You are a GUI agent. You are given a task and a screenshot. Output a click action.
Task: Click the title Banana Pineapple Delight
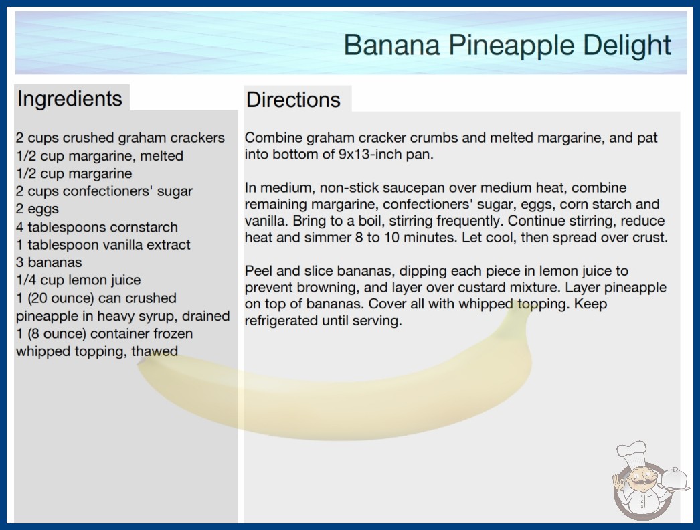[507, 46]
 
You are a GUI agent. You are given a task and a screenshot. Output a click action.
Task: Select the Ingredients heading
[70, 99]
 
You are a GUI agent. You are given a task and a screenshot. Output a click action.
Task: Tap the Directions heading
[293, 100]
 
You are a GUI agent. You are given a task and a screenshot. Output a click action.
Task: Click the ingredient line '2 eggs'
[37, 209]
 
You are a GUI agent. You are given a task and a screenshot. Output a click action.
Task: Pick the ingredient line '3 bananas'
[49, 262]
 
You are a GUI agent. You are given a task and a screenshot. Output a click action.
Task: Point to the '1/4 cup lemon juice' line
[78, 280]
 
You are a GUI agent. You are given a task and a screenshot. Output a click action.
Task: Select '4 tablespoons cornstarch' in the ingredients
[97, 227]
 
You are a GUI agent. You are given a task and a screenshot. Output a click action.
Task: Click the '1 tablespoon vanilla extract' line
[103, 245]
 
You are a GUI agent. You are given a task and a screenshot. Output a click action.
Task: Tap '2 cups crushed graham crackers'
[120, 138]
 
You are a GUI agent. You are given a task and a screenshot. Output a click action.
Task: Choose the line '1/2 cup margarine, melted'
[100, 156]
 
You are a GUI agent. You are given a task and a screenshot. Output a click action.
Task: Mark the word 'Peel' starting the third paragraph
[258, 271]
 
